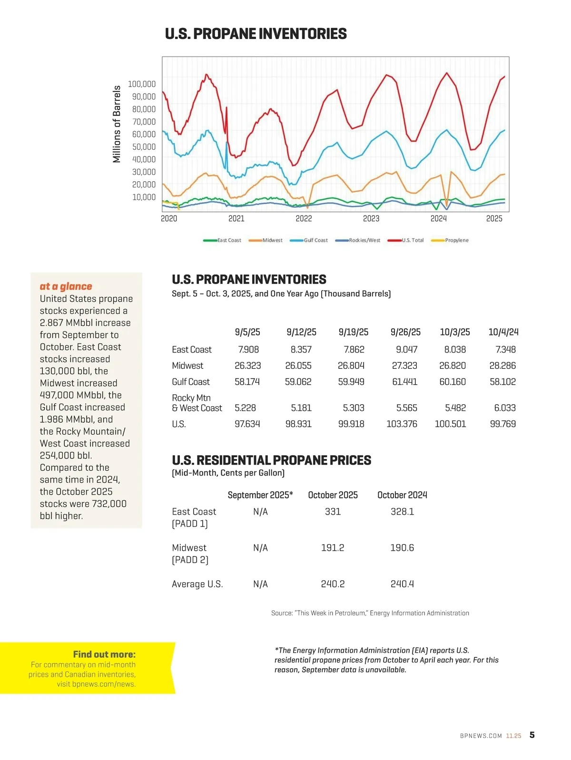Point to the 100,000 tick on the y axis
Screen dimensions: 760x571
(x=142, y=84)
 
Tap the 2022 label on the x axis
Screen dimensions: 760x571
(x=304, y=219)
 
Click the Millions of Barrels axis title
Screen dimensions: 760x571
(x=117, y=124)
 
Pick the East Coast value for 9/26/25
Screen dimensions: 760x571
(x=406, y=350)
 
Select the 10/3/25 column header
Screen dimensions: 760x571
(x=454, y=332)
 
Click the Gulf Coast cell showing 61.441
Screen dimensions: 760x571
(x=404, y=382)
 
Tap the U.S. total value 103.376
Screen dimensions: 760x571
(x=402, y=424)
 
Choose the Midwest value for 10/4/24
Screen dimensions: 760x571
(x=502, y=366)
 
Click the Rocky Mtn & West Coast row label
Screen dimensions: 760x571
(x=197, y=403)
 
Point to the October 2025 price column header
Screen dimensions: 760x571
(x=333, y=495)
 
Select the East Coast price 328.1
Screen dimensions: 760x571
(x=402, y=512)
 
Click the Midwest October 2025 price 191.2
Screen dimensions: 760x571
(x=333, y=548)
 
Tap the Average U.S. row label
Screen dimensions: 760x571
(x=197, y=584)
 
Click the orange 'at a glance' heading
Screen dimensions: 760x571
(x=66, y=286)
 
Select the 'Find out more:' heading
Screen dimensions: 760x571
(x=104, y=654)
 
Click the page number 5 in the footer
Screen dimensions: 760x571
(x=532, y=735)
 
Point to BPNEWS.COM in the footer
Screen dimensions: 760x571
(x=481, y=736)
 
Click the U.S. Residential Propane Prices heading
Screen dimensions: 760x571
(x=271, y=460)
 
